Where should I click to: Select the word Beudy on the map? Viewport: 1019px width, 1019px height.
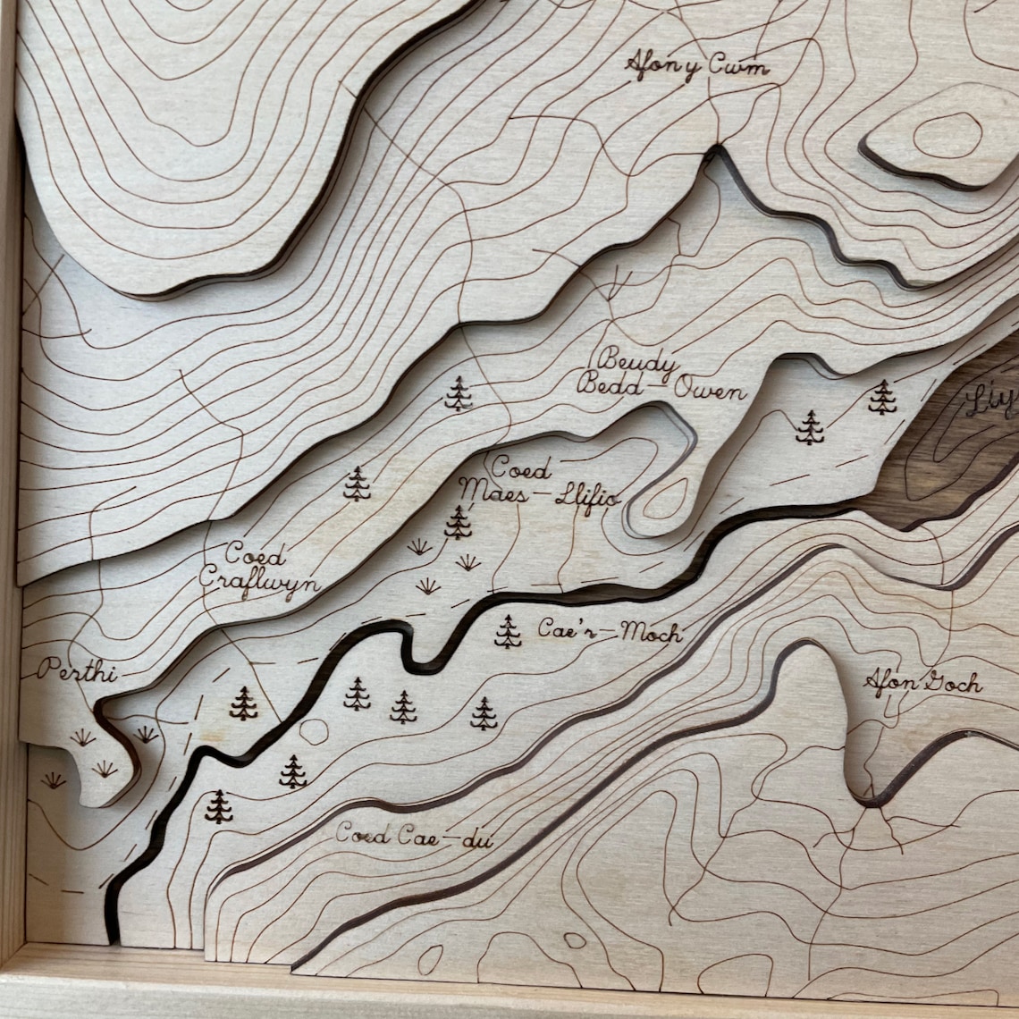(x=636, y=364)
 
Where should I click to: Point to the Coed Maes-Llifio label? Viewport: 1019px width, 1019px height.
(x=540, y=482)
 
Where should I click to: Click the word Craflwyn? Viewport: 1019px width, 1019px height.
(x=258, y=579)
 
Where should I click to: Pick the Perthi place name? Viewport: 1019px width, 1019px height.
(x=77, y=670)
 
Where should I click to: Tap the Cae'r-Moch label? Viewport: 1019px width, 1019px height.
(x=610, y=631)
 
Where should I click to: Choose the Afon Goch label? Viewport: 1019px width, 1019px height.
(x=922, y=684)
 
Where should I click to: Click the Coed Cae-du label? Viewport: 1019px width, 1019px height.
(x=414, y=837)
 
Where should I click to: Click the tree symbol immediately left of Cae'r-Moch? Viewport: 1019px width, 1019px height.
(x=508, y=631)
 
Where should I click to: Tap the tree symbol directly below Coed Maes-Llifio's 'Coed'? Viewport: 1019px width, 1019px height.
(x=459, y=522)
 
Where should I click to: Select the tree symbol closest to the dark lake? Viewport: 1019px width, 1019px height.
(x=882, y=397)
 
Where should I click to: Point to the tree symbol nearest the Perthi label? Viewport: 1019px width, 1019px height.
(x=243, y=703)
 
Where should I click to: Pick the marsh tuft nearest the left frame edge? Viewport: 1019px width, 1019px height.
(x=54, y=780)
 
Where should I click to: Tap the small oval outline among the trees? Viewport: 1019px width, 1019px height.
(x=314, y=731)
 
